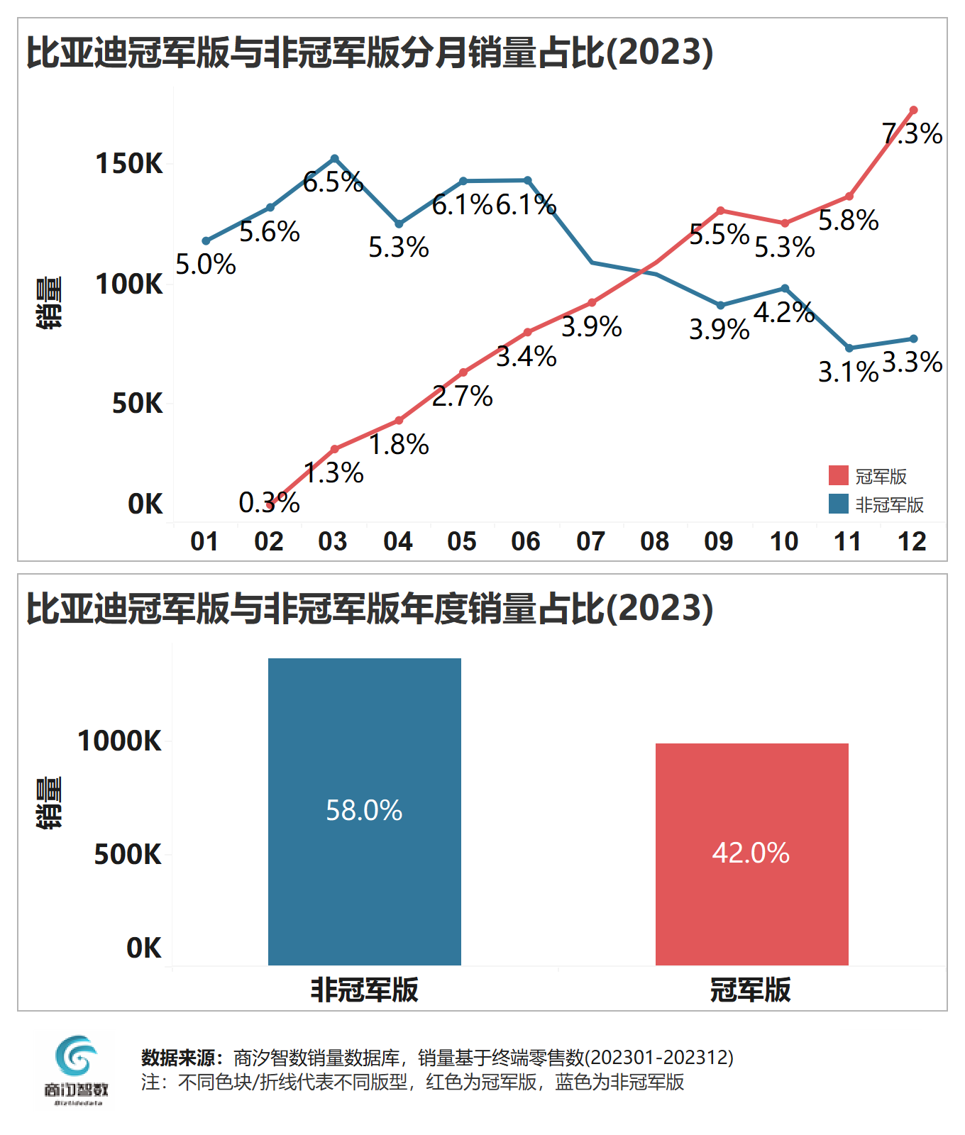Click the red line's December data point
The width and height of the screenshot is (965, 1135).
click(x=913, y=111)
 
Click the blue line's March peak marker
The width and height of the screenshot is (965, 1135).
click(x=335, y=159)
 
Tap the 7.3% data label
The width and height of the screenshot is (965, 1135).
click(x=912, y=134)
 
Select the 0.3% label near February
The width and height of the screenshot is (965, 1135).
click(x=269, y=503)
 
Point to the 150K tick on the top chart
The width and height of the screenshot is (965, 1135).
click(x=129, y=164)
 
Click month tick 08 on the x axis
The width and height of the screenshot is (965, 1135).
click(x=654, y=542)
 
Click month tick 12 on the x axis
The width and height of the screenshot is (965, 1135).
click(x=912, y=542)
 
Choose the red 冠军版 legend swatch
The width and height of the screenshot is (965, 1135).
click(x=838, y=476)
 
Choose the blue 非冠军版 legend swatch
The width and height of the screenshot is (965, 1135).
click(x=838, y=504)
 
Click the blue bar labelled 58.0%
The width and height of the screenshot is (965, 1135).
click(x=364, y=812)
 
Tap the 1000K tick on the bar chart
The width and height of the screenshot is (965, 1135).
click(x=119, y=741)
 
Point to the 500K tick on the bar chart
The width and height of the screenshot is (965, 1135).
click(x=128, y=855)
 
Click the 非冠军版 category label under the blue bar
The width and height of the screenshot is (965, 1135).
click(x=364, y=990)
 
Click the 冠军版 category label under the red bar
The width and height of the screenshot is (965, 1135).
click(x=751, y=990)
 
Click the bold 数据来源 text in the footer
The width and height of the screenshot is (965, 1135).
click(x=182, y=1058)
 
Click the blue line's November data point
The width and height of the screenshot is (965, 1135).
click(x=849, y=348)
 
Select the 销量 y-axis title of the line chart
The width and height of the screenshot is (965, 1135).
click(x=48, y=303)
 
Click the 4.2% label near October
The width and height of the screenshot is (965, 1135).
click(x=783, y=312)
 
